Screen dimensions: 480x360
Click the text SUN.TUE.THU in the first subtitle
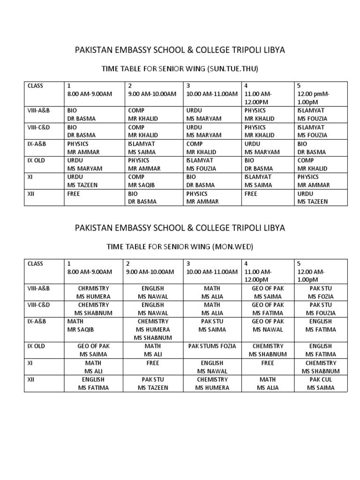(233, 69)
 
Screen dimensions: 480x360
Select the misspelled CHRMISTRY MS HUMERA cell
(93, 292)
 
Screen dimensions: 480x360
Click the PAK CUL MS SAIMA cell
(321, 383)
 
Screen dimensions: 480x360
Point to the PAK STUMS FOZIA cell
(212, 346)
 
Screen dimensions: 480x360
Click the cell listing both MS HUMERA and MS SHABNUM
(152, 330)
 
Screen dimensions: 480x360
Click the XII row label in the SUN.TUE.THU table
(31, 194)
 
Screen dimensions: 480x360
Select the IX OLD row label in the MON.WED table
(36, 346)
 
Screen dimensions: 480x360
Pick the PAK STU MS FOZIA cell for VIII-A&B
(321, 292)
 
